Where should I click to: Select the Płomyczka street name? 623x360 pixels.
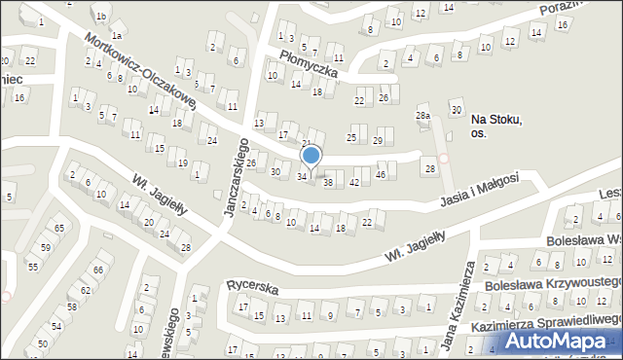(309, 65)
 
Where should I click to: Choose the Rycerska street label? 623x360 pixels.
(253, 289)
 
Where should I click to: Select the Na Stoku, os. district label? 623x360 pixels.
(496, 126)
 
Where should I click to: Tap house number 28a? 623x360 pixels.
(422, 116)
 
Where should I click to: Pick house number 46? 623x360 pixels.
(381, 174)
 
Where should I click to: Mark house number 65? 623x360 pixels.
(58, 228)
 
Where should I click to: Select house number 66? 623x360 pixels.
(98, 270)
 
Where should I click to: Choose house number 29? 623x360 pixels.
(378, 141)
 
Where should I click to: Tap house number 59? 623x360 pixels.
(45, 247)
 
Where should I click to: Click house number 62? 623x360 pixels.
(86, 290)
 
